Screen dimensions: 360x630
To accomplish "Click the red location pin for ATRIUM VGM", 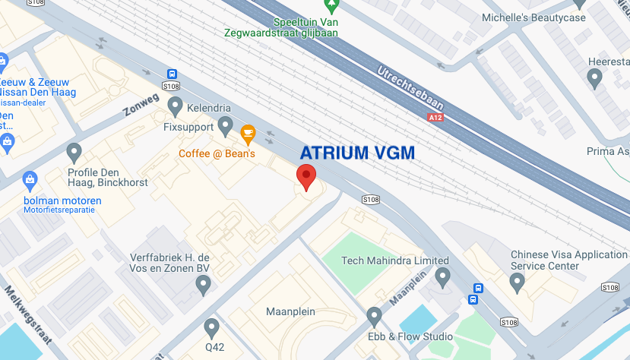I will click(x=306, y=176).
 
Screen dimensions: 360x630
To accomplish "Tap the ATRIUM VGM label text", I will click(x=357, y=153).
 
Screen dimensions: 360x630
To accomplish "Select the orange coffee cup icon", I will click(x=248, y=134).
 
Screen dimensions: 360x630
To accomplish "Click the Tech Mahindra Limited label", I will click(x=395, y=261).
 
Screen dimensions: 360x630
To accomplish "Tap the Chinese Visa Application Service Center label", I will click(x=568, y=261).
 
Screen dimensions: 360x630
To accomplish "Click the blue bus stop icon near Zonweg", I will click(x=173, y=74).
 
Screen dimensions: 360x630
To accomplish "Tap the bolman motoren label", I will click(x=62, y=201).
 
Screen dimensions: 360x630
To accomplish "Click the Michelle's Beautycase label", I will click(x=545, y=17).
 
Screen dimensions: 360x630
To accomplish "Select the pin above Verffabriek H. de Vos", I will click(x=203, y=285).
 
